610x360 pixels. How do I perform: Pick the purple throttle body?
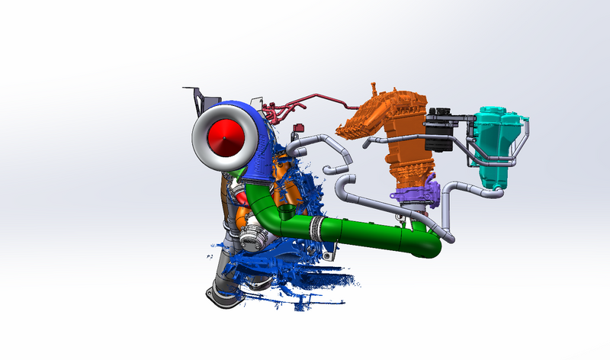point(419,194)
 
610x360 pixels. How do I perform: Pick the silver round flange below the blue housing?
point(251,240)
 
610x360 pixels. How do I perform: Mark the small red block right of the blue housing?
point(300,127)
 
